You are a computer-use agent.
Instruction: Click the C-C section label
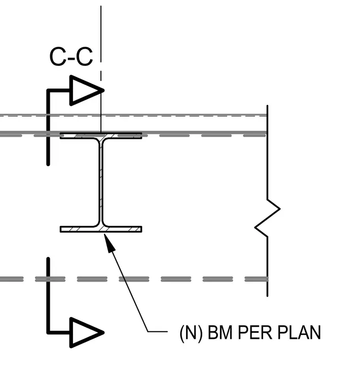tap(71, 57)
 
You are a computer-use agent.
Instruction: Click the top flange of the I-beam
tap(101, 136)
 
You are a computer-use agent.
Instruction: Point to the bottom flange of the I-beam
tap(101, 229)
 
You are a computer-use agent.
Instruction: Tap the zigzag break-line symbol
tap(267, 218)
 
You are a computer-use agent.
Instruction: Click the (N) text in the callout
tap(191, 333)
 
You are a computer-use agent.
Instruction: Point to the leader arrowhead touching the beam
tap(110, 243)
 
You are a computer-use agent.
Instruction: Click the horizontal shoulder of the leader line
tap(158, 332)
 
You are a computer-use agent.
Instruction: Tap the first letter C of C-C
tap(58, 57)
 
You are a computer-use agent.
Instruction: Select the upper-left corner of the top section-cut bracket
tap(48, 90)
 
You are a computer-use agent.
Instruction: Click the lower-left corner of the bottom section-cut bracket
tap(48, 333)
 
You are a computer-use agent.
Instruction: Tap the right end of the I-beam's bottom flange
tap(142, 229)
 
